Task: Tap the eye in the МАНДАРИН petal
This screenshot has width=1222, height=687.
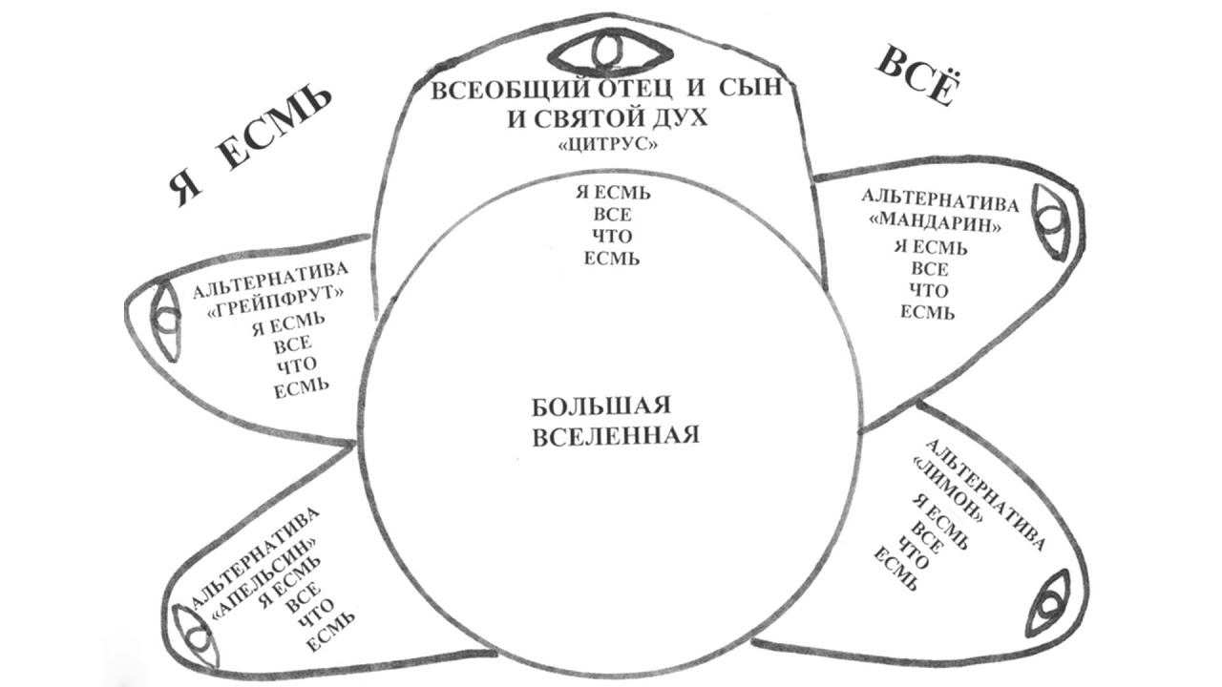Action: click(x=1051, y=221)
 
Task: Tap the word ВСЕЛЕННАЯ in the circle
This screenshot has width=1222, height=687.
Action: click(x=615, y=435)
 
